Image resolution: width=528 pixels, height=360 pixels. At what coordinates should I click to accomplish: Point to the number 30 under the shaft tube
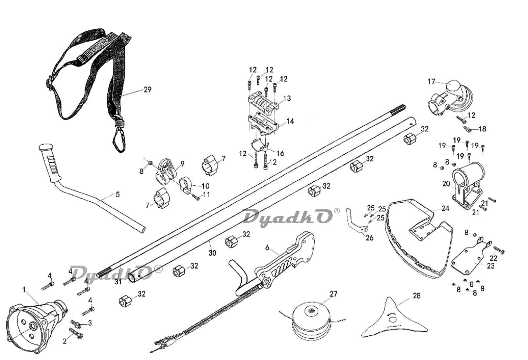click(212, 253)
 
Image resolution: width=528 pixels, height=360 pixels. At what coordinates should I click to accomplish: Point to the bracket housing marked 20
click(468, 185)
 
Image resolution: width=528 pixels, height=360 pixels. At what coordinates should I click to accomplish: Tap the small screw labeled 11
click(196, 198)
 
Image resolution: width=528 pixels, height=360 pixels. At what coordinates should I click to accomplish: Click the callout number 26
click(370, 238)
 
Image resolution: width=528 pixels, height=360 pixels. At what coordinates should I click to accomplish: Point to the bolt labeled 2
click(76, 333)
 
